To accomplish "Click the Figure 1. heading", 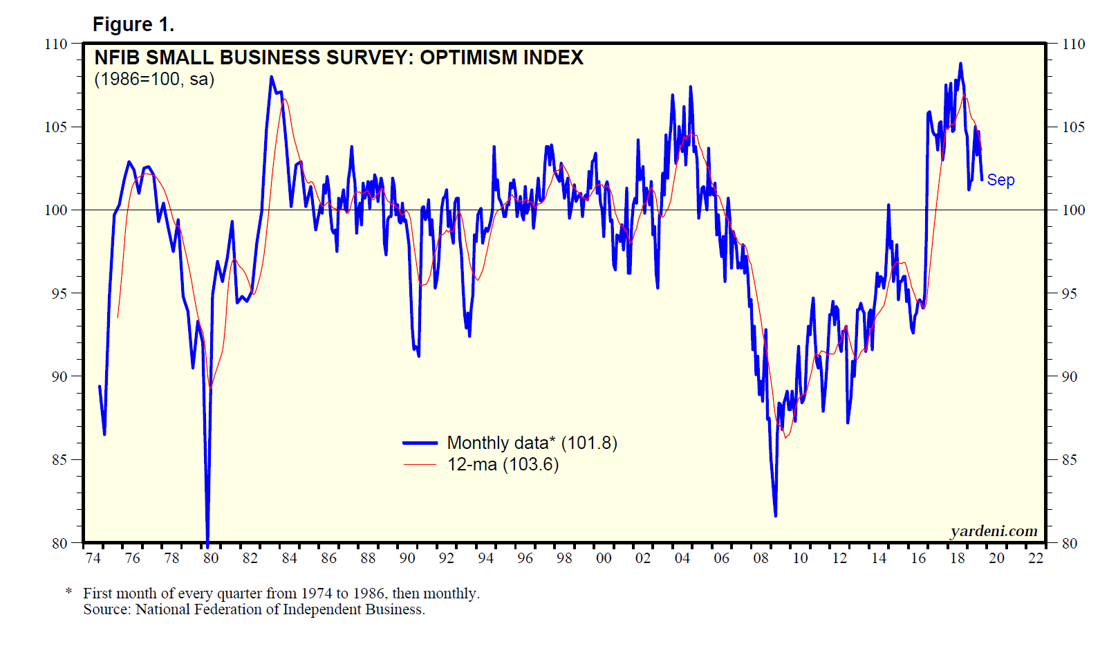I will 133,25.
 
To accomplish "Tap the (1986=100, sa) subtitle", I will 154,79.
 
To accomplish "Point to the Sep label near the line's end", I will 1000,180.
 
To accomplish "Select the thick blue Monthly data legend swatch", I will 420,443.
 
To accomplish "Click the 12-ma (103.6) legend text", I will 503,464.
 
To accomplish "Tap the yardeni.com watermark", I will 994,531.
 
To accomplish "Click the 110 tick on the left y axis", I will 56,44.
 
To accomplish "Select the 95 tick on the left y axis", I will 59,293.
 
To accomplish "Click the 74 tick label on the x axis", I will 93,558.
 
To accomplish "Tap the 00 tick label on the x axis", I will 604,558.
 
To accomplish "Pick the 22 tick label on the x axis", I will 1035,558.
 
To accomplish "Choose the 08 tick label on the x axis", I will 761,558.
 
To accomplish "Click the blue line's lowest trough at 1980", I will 207,541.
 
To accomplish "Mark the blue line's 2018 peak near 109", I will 960,64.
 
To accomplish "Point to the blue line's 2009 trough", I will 775,515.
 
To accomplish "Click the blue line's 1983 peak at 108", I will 271,77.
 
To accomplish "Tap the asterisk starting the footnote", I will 68,592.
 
